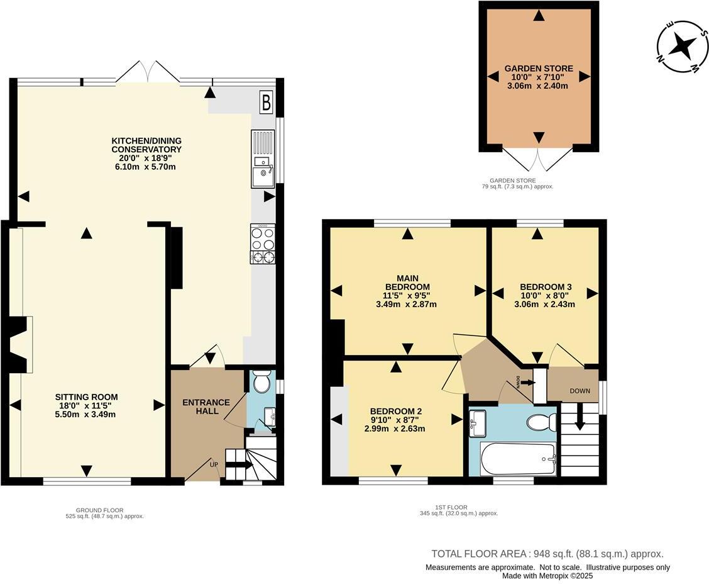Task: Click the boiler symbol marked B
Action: pos(267,103)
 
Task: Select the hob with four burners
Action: pos(263,244)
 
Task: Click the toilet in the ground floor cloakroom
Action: pos(261,381)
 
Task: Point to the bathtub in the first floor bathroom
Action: pos(517,459)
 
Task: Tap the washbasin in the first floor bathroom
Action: pos(478,424)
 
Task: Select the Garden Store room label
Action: pos(539,69)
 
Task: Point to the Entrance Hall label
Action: pos(206,407)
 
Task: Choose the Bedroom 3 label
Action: pos(546,286)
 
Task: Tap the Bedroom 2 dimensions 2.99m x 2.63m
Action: pos(395,429)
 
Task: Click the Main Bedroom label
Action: pos(407,283)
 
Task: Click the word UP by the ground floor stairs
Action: pos(214,464)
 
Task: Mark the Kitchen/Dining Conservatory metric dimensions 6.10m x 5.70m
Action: pos(146,167)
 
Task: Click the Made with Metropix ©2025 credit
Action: pos(547,576)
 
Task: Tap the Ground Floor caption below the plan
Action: pos(99,510)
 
